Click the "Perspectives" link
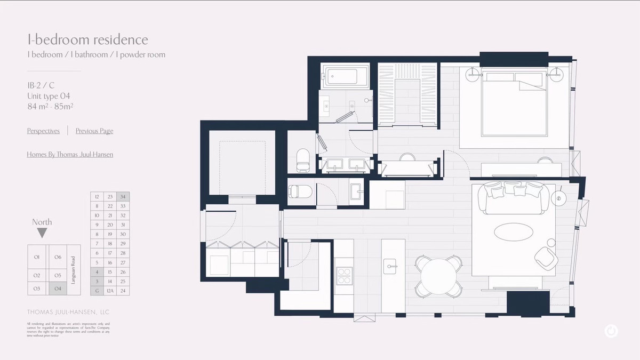(43, 131)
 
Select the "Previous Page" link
(94, 131)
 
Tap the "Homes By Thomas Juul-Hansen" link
(70, 154)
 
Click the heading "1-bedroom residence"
(88, 39)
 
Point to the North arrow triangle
(42, 233)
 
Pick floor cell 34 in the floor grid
(123, 197)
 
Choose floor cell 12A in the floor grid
(110, 291)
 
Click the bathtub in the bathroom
(346, 76)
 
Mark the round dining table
(438, 275)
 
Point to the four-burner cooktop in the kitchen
(344, 275)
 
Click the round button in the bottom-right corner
(611, 331)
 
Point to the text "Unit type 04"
(49, 96)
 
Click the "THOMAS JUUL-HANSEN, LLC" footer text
(68, 312)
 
